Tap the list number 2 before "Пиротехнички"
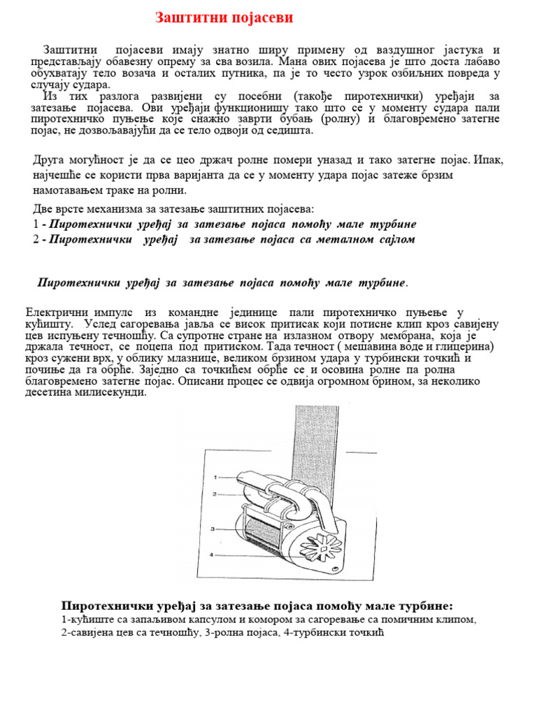point(36,239)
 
